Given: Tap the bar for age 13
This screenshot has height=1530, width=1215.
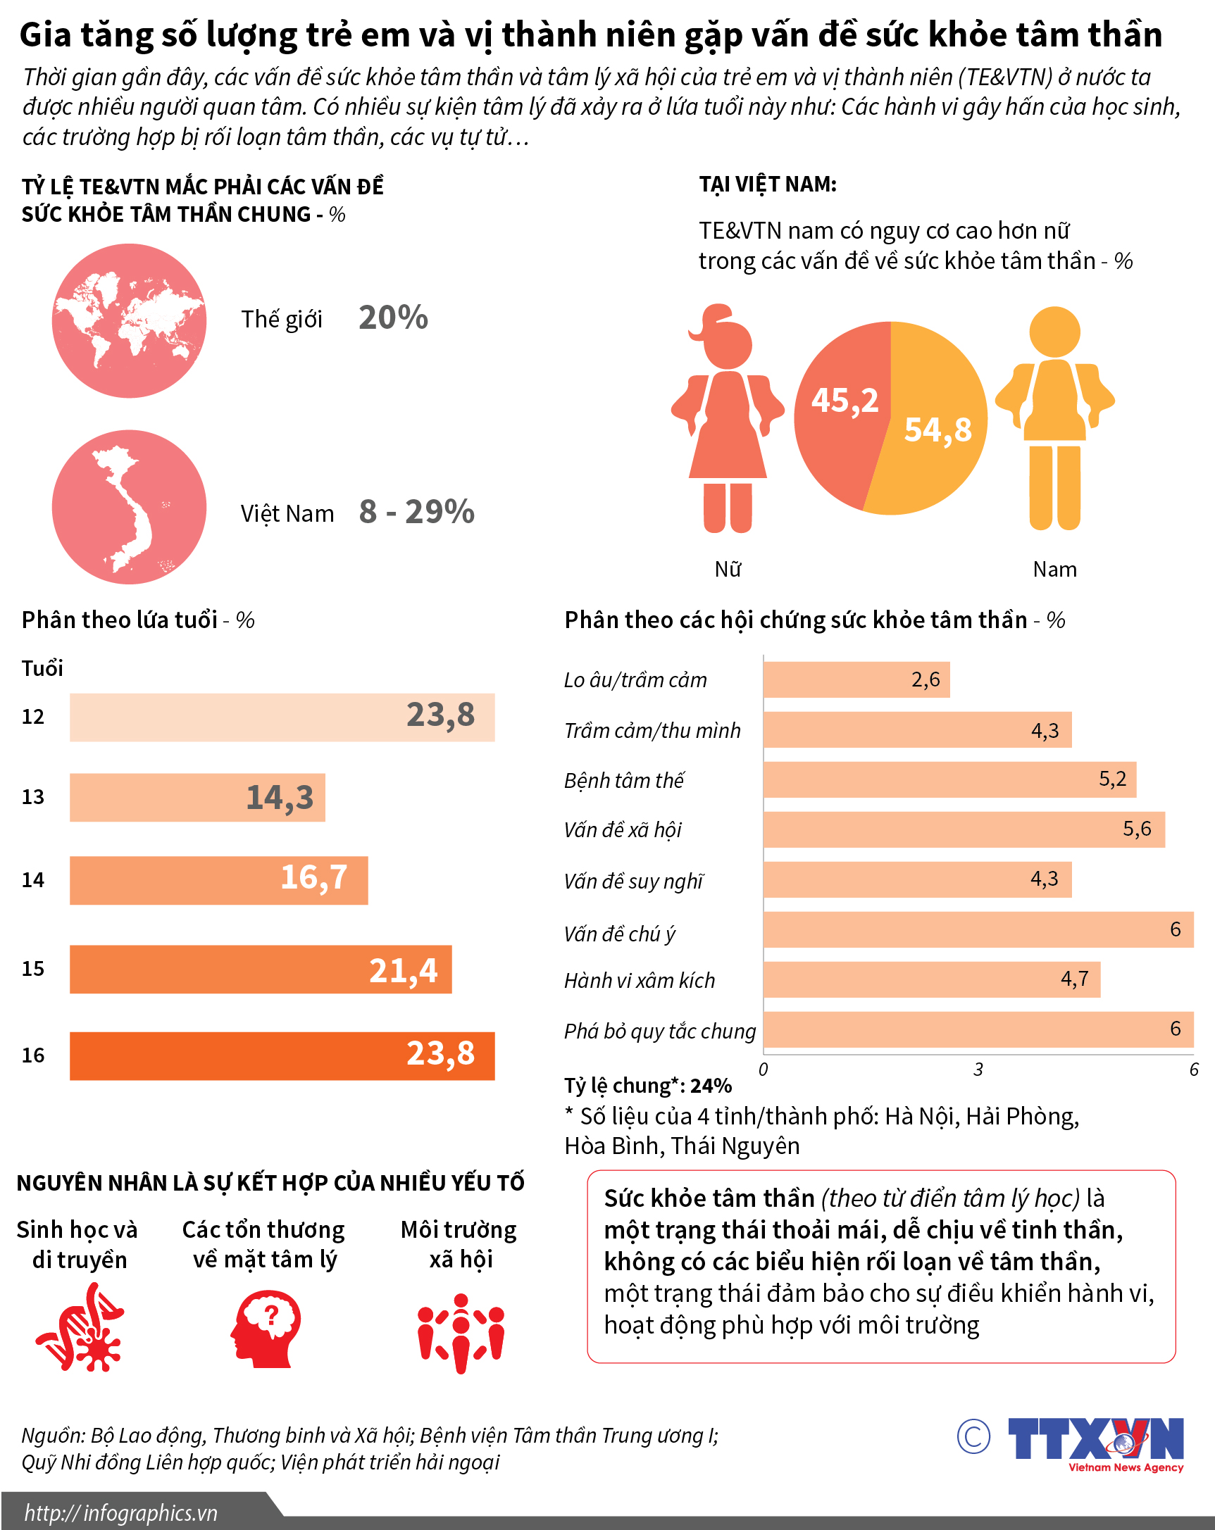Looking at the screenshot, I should click(197, 798).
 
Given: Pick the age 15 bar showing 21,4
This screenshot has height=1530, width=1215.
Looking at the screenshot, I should click(261, 970).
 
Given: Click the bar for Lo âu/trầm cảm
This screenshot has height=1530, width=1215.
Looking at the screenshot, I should click(856, 680).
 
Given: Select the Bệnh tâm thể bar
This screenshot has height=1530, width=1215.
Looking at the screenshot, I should click(949, 780).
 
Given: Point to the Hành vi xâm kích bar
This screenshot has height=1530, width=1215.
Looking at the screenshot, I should click(931, 979).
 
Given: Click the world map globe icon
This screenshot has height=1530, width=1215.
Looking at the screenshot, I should click(129, 321).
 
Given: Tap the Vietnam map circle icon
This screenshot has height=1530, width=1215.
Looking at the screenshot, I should click(129, 508).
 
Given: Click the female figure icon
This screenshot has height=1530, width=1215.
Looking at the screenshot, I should click(728, 419).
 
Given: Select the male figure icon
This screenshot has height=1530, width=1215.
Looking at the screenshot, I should click(1054, 419).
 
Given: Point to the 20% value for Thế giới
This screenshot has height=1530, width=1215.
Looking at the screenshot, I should click(393, 318).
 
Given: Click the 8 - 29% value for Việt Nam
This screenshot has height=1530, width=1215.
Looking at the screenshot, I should click(416, 512).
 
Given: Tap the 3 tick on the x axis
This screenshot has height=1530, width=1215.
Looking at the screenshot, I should click(978, 1070).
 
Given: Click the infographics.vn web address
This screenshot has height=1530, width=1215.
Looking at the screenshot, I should click(121, 1513).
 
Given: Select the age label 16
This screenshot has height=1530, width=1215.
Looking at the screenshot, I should click(33, 1055).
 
